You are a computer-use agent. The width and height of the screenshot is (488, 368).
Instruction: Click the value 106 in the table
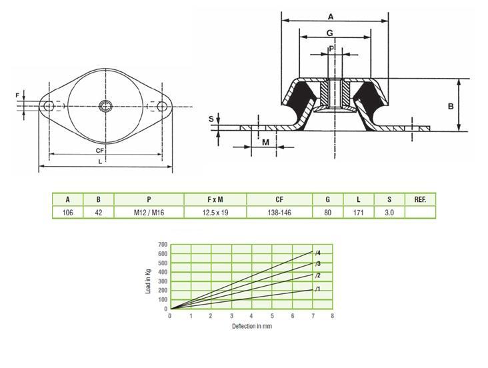(x=67, y=213)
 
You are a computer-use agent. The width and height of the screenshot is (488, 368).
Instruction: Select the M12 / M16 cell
(x=149, y=213)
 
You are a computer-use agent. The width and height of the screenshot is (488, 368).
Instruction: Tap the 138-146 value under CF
(x=279, y=213)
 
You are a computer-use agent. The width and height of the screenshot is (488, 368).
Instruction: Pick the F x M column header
(x=215, y=199)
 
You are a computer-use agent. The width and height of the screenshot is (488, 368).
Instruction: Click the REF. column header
(x=420, y=199)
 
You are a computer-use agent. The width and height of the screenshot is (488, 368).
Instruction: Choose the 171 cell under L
(x=358, y=213)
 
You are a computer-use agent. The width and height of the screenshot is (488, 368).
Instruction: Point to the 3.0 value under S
(x=389, y=213)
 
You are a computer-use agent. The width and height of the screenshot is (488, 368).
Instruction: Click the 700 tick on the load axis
(x=163, y=245)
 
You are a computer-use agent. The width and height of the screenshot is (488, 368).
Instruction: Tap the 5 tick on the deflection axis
(x=272, y=316)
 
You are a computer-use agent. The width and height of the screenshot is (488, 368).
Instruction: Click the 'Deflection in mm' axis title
(x=252, y=326)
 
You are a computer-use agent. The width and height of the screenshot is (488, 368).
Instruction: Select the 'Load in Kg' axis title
(x=148, y=281)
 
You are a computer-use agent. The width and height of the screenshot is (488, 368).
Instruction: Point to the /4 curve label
(x=317, y=253)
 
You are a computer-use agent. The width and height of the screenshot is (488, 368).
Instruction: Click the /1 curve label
(x=317, y=289)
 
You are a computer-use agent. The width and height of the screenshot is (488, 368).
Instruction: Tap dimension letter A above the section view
(x=331, y=17)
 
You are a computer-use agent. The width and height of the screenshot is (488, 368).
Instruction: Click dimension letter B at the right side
(x=451, y=107)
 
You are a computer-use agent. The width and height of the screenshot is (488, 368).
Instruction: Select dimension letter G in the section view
(x=329, y=33)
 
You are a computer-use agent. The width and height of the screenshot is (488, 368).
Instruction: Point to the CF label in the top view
(x=99, y=151)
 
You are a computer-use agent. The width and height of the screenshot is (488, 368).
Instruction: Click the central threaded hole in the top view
(x=105, y=107)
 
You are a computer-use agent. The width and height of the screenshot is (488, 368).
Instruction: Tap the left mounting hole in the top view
(x=49, y=107)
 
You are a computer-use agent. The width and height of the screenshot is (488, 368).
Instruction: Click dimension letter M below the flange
(x=265, y=143)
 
